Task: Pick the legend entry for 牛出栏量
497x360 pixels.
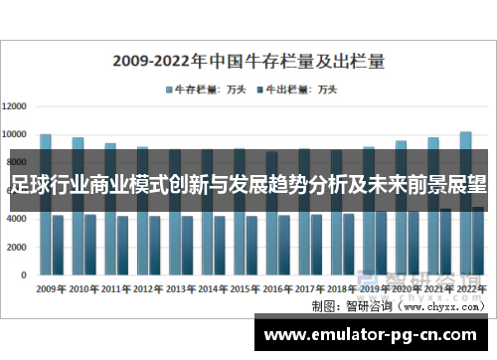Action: pos(297,89)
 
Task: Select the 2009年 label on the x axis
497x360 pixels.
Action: pos(51,288)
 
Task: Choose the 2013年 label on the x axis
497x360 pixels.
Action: pos(180,288)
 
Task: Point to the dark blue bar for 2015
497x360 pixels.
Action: pos(251,245)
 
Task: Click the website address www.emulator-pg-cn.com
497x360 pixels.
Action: pos(375,333)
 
